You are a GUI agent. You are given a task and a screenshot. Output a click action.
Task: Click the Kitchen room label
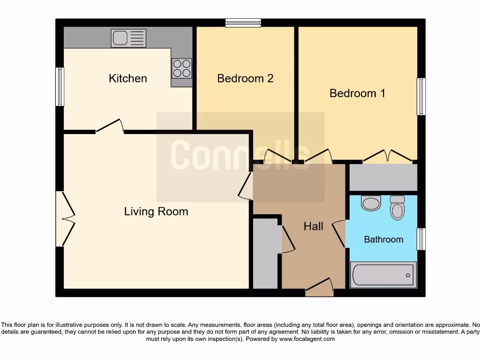click(x=127, y=78)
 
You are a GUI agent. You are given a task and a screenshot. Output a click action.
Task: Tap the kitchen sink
click(x=128, y=38)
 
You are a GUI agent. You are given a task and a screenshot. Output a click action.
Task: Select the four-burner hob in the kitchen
click(x=181, y=68)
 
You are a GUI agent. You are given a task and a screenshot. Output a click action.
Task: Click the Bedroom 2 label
click(x=245, y=78)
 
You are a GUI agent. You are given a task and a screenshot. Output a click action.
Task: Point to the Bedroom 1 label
click(x=357, y=93)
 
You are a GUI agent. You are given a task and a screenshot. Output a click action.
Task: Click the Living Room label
click(x=156, y=211)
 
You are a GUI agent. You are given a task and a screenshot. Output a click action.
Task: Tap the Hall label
click(x=313, y=226)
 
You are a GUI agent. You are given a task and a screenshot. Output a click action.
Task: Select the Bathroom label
click(x=383, y=240)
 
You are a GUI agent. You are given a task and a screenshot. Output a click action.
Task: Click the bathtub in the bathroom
click(x=383, y=274)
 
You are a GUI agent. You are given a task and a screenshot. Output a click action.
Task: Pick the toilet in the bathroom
click(x=397, y=208)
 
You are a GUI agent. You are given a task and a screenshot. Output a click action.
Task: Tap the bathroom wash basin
click(x=371, y=203)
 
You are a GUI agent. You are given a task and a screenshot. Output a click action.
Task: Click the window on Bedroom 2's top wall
click(x=243, y=22)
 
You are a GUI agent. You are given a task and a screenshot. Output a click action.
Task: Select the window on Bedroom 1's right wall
click(x=421, y=97)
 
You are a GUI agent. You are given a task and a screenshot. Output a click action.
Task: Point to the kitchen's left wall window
click(x=60, y=87)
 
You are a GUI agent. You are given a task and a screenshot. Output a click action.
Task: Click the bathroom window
click(x=421, y=239)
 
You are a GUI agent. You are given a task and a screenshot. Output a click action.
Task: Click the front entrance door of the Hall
click(x=320, y=287)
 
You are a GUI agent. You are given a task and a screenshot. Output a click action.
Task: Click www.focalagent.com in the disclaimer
click(x=307, y=339)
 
